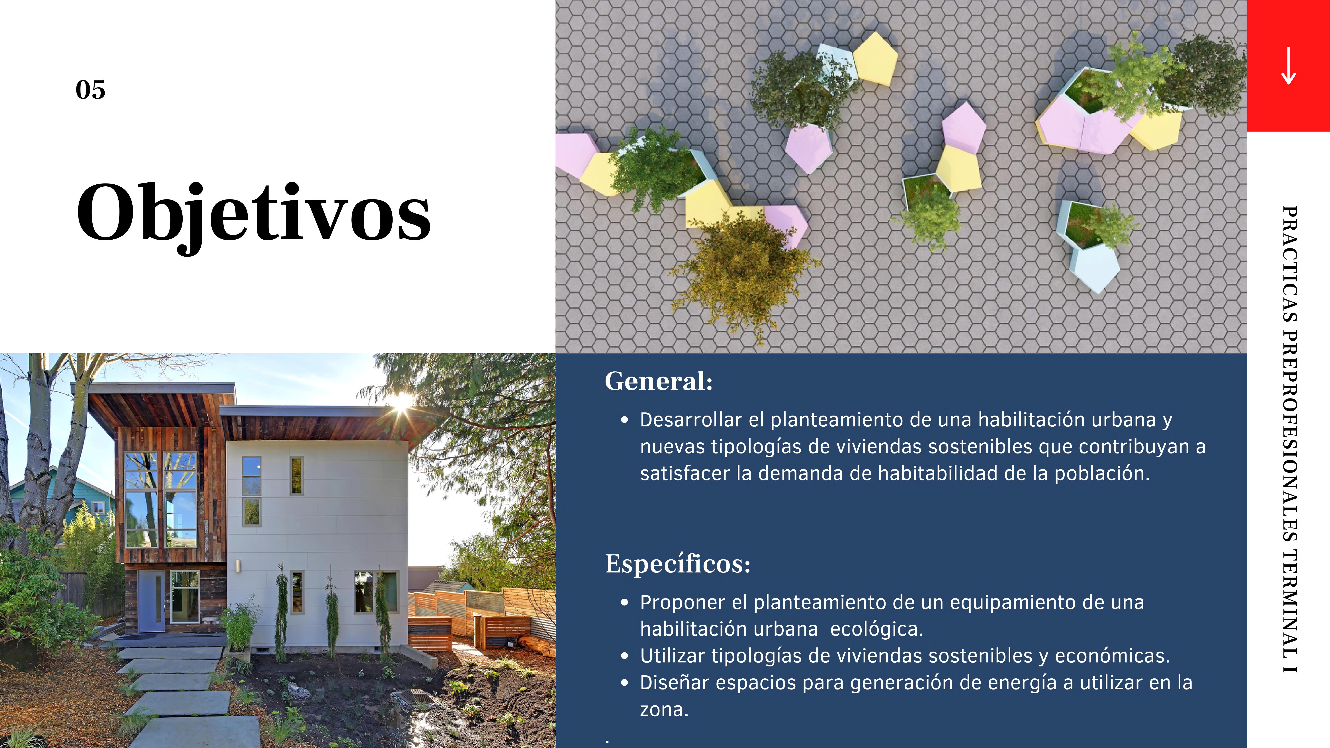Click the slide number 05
pyautogui.click(x=90, y=90)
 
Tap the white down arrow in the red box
pyautogui.click(x=1288, y=66)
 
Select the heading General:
pyautogui.click(x=658, y=381)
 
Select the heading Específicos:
pyautogui.click(x=677, y=564)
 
